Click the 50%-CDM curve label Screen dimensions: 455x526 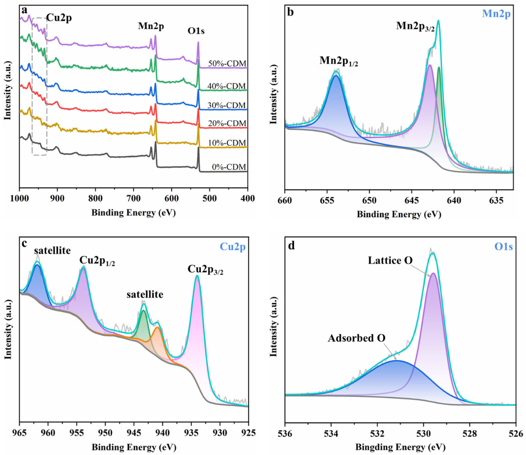pyautogui.click(x=227, y=64)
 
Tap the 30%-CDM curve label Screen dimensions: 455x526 pyautogui.click(x=227, y=105)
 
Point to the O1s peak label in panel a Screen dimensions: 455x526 pyautogui.click(x=196, y=31)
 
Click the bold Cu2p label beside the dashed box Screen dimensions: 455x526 pyautogui.click(x=59, y=18)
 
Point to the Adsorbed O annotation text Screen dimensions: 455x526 pyautogui.click(x=356, y=338)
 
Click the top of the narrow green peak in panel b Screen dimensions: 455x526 pyautogui.click(x=439, y=67)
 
